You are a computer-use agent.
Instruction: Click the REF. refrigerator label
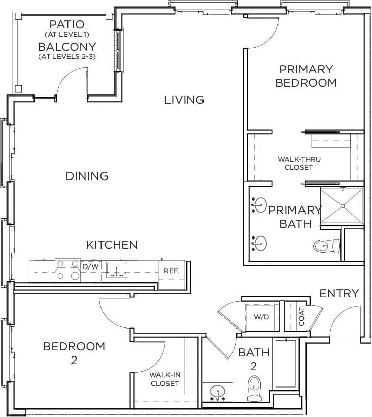[172, 271]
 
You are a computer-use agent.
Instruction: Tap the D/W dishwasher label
[91, 266]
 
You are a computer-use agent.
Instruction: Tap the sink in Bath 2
[219, 393]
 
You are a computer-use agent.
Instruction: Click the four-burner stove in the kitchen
[68, 270]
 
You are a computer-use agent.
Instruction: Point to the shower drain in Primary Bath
[343, 206]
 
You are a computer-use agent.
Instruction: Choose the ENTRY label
[339, 293]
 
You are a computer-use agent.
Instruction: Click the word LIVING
[184, 100]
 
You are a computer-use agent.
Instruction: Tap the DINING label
[87, 176]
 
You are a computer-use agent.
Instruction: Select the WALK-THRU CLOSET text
[299, 163]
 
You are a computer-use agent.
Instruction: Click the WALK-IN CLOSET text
[164, 379]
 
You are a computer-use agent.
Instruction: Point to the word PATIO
[67, 24]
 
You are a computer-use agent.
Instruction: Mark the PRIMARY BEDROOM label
[306, 76]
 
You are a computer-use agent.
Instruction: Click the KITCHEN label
[112, 245]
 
